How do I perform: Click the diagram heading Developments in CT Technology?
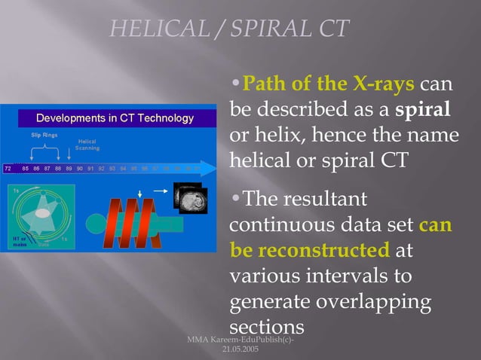115,118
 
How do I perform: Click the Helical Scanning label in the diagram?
87,144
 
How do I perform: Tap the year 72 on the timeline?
8,169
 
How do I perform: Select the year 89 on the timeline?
69,169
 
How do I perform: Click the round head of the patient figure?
97,224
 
